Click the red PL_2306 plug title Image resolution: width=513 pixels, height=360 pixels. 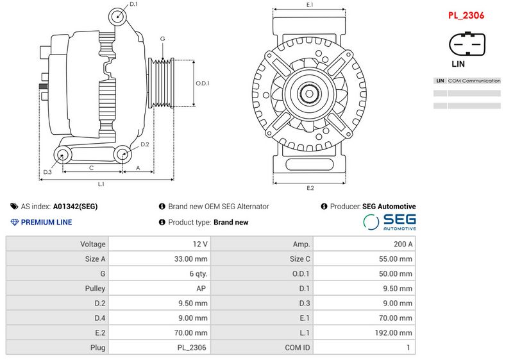pyautogui.click(x=466, y=15)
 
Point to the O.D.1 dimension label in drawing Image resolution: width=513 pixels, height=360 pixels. pyautogui.click(x=203, y=83)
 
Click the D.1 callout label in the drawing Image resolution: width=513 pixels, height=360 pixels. pyautogui.click(x=133, y=4)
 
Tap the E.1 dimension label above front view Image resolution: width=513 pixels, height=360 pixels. pyautogui.click(x=310, y=5)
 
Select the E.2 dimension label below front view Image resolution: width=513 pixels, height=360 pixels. pyautogui.click(x=310, y=188)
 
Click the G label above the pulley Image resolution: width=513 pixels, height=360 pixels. pyautogui.click(x=163, y=39)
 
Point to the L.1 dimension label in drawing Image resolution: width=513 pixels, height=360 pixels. pyautogui.click(x=101, y=184)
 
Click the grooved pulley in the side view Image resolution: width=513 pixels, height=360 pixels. pyautogui.click(x=161, y=83)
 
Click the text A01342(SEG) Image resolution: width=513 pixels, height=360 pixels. pyautogui.click(x=76, y=207)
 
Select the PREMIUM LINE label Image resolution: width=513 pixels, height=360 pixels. pyautogui.click(x=46, y=222)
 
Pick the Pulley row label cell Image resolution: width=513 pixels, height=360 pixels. pyautogui.click(x=57, y=289)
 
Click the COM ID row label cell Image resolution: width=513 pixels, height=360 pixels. pyautogui.click(x=262, y=348)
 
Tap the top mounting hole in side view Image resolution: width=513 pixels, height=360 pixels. pyautogui.click(x=116, y=16)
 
